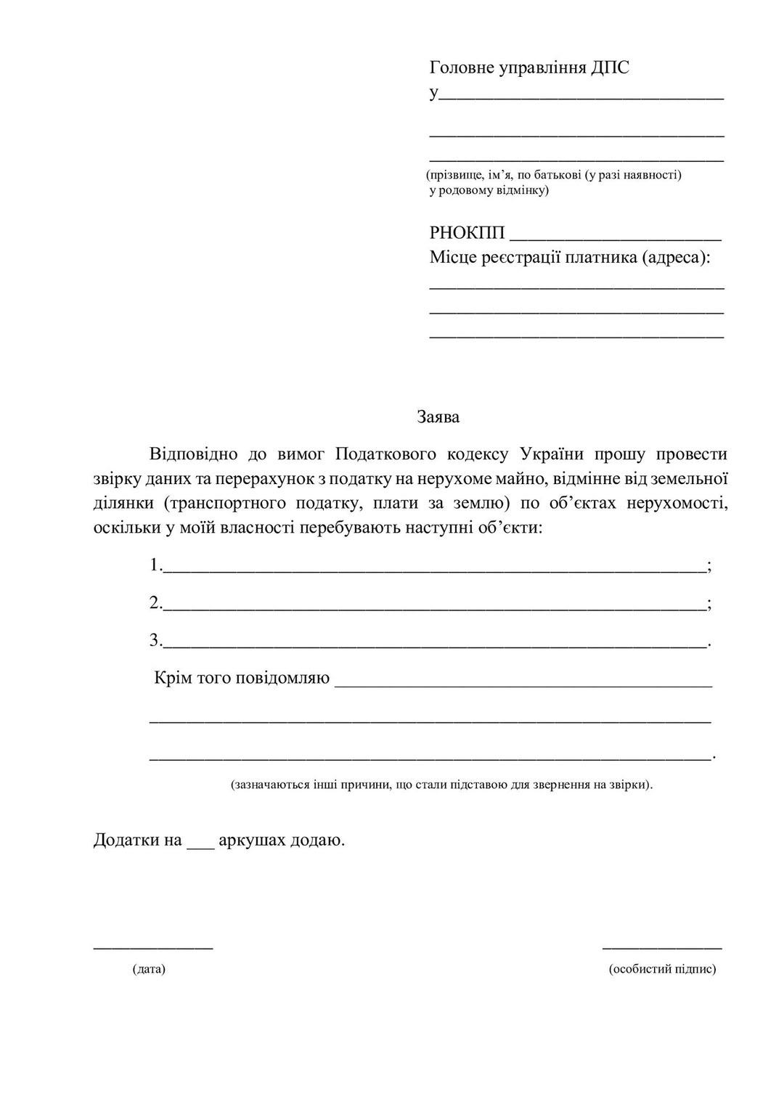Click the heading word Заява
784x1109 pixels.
(438, 417)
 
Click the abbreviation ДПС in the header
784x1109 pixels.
(610, 68)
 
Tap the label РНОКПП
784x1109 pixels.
(467, 233)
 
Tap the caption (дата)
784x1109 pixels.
(150, 969)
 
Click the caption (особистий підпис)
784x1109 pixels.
(662, 969)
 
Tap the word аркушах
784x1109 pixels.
(251, 840)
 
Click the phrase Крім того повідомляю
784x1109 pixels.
(242, 678)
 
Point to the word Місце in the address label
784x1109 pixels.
(453, 258)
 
